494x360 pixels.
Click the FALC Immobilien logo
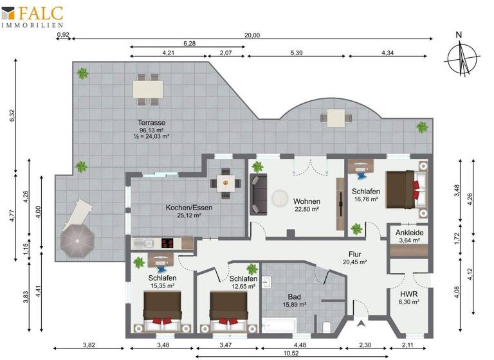[42, 16]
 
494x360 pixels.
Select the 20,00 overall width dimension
[252, 36]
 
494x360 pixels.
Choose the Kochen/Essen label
[188, 212]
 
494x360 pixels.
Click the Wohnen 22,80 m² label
[307, 204]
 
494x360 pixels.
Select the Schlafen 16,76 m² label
[366, 195]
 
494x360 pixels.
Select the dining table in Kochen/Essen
[225, 182]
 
